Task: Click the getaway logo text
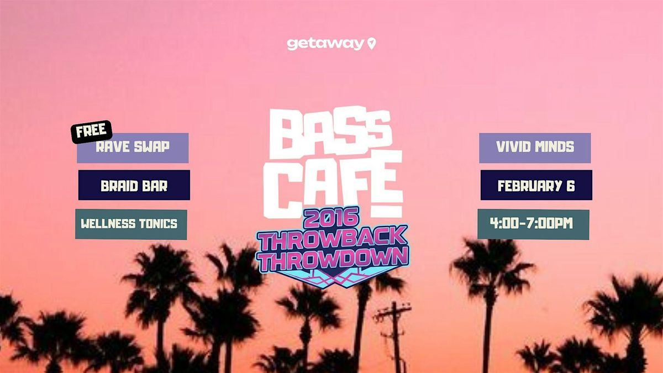(x=325, y=44)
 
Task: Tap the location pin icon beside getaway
(x=372, y=44)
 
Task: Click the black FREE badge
(x=92, y=132)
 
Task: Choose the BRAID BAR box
(x=134, y=185)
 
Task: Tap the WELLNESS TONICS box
(x=131, y=224)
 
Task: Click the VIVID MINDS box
(x=535, y=148)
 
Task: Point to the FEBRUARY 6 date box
(x=536, y=185)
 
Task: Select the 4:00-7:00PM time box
(x=533, y=224)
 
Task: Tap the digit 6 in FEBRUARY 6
(x=570, y=186)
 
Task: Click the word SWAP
(x=152, y=146)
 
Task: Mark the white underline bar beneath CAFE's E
(x=387, y=211)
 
